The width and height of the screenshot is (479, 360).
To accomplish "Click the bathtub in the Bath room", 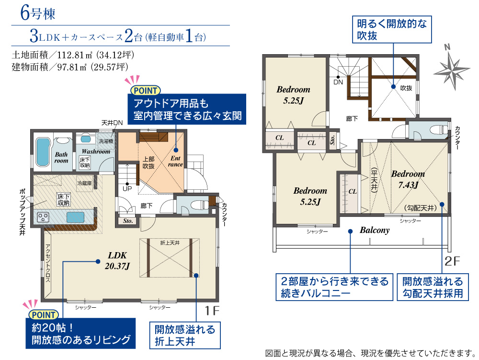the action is [43, 152].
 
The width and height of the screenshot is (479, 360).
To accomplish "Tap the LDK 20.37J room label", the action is [117, 261].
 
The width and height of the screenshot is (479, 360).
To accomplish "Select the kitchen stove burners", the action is [43, 217].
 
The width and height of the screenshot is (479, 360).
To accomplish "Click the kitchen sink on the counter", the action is [75, 217].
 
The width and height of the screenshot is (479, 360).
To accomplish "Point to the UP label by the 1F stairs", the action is [127, 188].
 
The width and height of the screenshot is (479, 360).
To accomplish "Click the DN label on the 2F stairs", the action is [338, 82].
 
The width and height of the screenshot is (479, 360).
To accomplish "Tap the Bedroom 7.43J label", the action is [408, 179].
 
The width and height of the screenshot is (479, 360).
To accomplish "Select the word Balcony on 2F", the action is [375, 230].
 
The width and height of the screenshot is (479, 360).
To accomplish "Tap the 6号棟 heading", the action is [37, 13].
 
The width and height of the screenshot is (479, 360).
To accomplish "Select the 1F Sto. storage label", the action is [128, 221].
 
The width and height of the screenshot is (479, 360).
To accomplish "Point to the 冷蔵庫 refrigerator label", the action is [85, 183].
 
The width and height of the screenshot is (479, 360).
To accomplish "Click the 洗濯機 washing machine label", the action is [106, 141].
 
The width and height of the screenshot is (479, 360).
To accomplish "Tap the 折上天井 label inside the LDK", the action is [170, 243].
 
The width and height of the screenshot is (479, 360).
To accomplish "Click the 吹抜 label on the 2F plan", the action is [406, 88].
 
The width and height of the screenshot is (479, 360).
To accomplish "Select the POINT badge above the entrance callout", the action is [145, 91].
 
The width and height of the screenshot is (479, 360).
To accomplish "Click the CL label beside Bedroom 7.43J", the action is [353, 191].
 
